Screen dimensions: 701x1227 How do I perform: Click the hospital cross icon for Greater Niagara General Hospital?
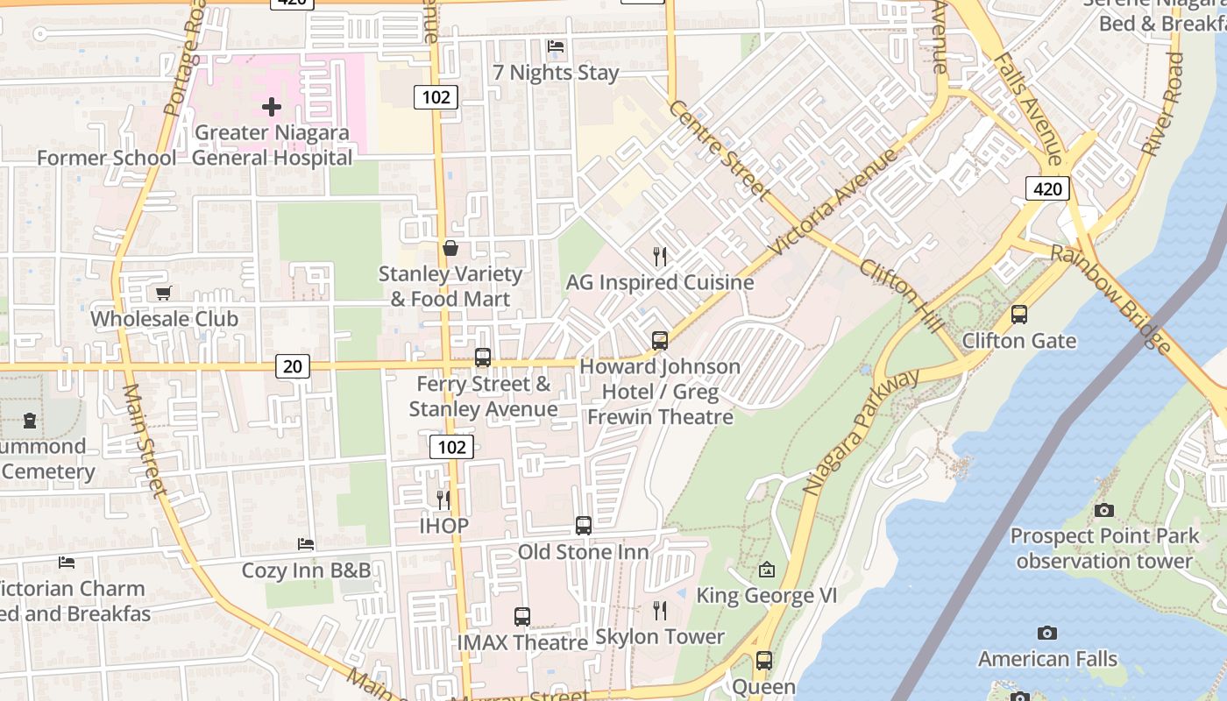272,107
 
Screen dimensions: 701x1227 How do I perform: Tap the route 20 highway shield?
293,366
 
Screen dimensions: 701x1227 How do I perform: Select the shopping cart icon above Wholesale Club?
163,293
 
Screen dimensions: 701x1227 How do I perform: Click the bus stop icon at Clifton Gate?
1018,315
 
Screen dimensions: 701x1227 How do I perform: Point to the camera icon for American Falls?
1046,633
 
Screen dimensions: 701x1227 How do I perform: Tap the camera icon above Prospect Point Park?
1104,509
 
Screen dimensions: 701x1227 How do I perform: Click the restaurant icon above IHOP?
443,499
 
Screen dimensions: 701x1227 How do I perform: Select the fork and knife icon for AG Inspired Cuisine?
660,257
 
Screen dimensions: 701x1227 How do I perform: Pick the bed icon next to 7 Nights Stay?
555,46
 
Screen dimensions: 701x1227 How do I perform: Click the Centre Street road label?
720,150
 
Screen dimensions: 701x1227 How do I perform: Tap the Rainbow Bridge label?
1111,299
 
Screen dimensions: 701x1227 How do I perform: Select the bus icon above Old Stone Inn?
584,526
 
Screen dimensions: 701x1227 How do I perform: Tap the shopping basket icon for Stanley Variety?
450,248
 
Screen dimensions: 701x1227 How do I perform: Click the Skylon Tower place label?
660,637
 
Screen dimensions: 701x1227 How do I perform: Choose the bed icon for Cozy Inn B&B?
306,544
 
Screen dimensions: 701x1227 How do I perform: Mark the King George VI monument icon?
767,570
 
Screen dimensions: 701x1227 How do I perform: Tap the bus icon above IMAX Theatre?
522,617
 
